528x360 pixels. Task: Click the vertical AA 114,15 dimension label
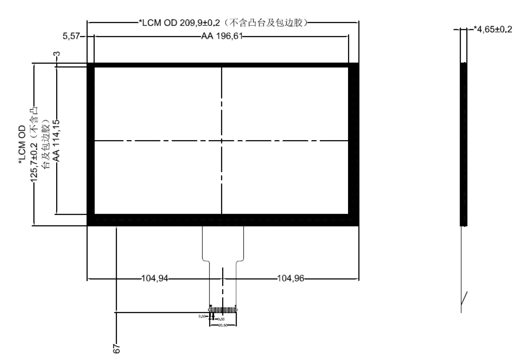(x=56, y=140)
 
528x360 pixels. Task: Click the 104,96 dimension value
(x=290, y=279)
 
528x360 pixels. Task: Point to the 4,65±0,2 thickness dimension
(x=493, y=29)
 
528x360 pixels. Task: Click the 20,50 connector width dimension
(x=223, y=325)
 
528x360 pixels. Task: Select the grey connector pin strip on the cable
(x=223, y=310)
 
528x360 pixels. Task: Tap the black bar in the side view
(x=463, y=143)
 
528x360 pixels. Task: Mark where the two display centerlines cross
(x=221, y=140)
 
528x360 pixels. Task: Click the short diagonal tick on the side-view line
(x=464, y=298)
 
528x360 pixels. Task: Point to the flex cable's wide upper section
(x=223, y=243)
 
